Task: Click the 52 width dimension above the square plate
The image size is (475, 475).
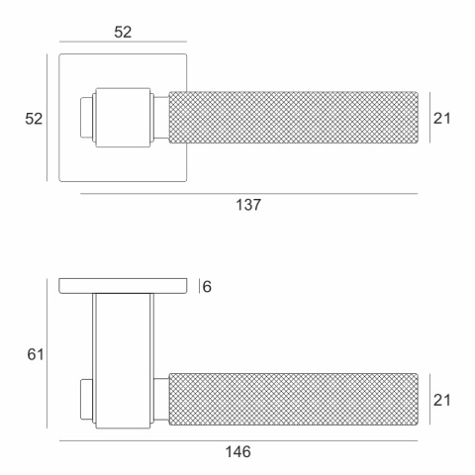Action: (123, 32)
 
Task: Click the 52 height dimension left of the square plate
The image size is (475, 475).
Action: (34, 119)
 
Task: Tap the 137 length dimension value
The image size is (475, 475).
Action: (248, 205)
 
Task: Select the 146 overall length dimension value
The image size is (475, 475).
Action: (237, 451)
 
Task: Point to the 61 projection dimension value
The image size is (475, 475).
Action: (36, 354)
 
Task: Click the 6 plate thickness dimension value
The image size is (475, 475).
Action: (207, 287)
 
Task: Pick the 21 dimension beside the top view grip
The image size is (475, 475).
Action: (441, 118)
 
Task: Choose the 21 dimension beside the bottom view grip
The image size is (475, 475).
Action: (441, 400)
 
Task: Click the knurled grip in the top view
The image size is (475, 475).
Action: (293, 118)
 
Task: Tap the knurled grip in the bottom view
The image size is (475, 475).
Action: (293, 399)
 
